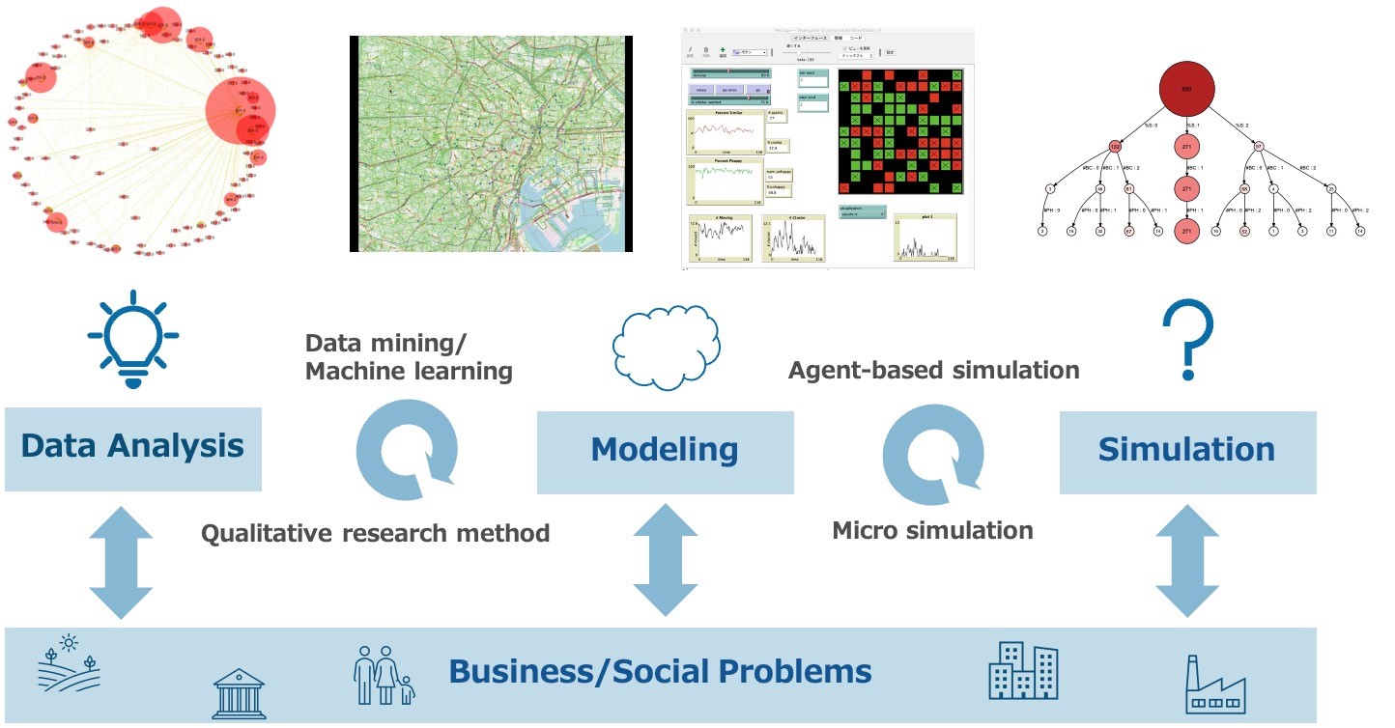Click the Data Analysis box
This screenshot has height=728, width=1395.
point(132,448)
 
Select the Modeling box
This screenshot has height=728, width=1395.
point(665,451)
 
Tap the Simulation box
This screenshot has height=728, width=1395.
point(1186,451)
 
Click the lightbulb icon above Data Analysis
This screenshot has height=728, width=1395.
point(133,337)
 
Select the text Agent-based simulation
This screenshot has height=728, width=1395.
point(933,370)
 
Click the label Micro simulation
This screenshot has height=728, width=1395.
point(932,530)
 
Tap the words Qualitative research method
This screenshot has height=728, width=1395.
point(375,533)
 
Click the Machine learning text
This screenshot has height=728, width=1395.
point(409,370)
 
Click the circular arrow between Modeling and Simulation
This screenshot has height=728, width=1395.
point(933,454)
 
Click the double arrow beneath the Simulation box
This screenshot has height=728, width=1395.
point(1186,560)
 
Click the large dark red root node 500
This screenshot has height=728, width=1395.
point(1186,89)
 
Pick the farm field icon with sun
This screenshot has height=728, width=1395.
point(69,664)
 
